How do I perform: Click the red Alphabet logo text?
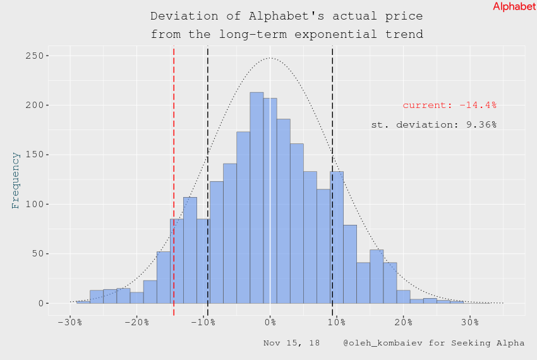coord(514,6)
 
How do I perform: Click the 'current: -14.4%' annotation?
coord(449,105)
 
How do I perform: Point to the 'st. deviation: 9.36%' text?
coord(433,125)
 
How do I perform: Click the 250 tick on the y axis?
coord(33,56)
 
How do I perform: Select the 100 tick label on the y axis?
coord(33,205)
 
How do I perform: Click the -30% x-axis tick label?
coord(69,323)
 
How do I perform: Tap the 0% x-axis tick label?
coord(270,323)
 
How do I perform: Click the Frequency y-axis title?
coord(16,180)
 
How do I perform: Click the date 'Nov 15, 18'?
coord(291,343)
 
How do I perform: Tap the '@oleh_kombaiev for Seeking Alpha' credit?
coord(433,343)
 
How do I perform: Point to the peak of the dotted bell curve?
coord(270,58)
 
